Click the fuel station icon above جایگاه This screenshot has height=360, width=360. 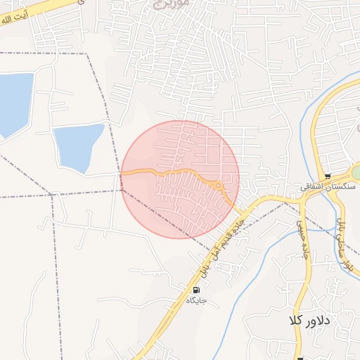coord(195,290)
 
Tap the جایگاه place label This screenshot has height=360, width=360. coord(195,300)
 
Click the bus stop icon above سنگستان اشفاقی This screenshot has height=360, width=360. coord(328,176)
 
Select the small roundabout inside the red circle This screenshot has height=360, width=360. coord(219,186)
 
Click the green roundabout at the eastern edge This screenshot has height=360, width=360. coord(356,172)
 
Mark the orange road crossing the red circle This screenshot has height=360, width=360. coord(169,172)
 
